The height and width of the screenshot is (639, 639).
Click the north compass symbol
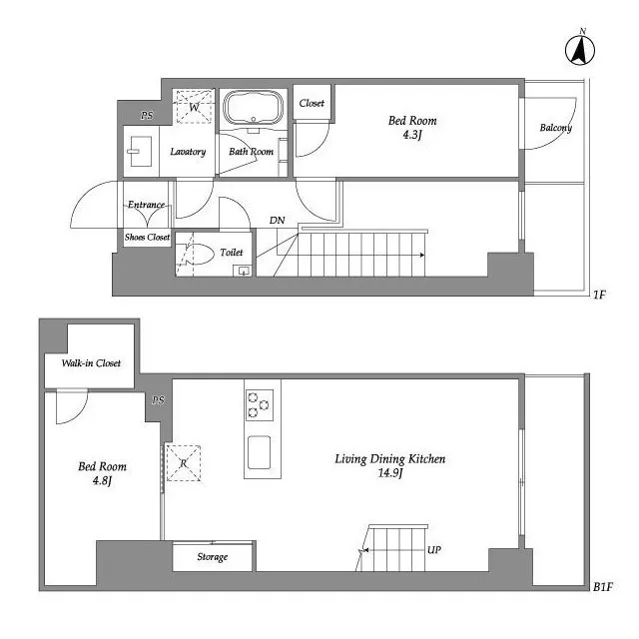coord(580,49)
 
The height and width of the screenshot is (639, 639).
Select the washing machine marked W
coord(194,107)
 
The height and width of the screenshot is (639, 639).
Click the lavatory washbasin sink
coord(141,151)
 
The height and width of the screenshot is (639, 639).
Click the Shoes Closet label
coord(147,237)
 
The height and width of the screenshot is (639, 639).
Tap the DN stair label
coord(278,221)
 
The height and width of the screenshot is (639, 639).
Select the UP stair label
coord(434,550)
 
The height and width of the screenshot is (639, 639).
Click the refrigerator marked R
coord(184,463)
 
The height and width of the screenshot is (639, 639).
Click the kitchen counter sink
coord(260,452)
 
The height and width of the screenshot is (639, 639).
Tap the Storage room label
coord(213,557)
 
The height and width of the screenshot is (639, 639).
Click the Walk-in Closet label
coord(91,363)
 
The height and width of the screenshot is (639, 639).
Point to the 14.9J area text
coord(390,473)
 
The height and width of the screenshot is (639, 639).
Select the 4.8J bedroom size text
coord(102,481)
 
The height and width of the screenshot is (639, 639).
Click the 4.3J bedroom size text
coord(412,135)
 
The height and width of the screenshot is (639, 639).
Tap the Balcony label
coord(556,128)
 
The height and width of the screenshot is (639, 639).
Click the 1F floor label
coord(599,295)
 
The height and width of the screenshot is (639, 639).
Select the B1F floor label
coord(603,587)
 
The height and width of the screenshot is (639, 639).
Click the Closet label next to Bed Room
coord(312,104)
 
